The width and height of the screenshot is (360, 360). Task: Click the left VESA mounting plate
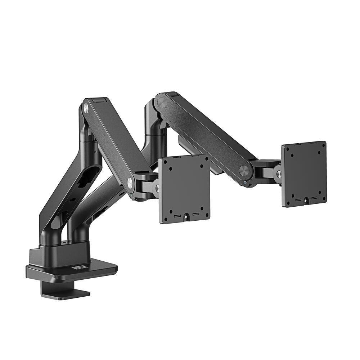pos(184,189)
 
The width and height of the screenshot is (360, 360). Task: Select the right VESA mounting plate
pos(304,174)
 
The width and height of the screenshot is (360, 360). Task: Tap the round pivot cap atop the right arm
pos(161,103)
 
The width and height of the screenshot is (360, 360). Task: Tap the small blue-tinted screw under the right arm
pos(245,183)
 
